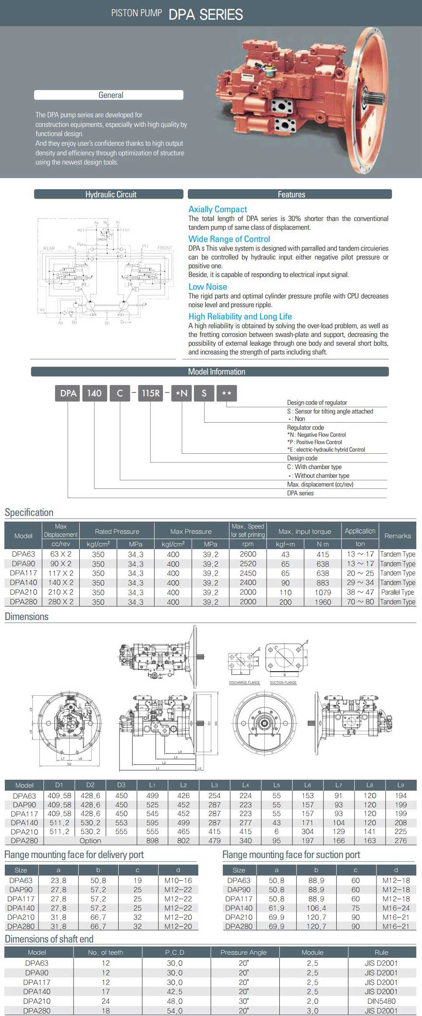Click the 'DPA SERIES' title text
point(205,14)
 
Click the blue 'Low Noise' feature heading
point(207,287)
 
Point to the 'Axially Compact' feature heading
point(218,210)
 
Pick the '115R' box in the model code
point(151,393)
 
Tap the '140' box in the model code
point(94,393)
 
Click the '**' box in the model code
point(226,393)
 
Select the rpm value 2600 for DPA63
point(248,554)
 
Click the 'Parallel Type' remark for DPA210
point(397,592)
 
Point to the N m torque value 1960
point(323,602)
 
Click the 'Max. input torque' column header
point(305,532)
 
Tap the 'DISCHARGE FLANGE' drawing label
point(244,683)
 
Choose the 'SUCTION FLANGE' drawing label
point(283,683)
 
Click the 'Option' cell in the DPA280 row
point(90,841)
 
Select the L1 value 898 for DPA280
point(152,841)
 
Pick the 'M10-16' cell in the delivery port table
point(178,880)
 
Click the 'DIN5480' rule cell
point(381,1001)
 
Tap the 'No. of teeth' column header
point(105,953)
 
